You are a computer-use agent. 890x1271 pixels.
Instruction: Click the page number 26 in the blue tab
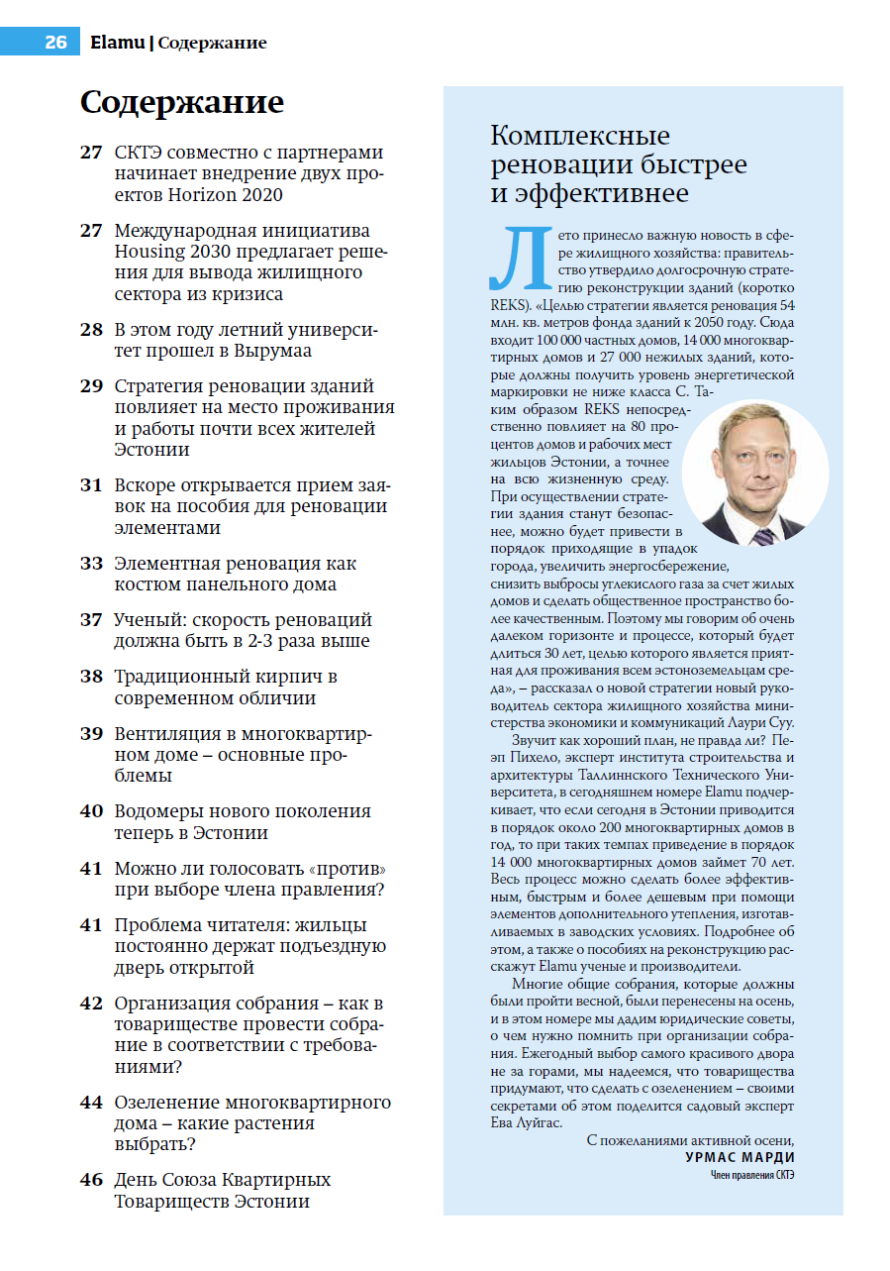[x=55, y=43]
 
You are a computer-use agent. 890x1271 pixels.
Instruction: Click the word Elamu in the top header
[x=117, y=43]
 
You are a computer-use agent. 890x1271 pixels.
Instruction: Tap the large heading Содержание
[x=182, y=102]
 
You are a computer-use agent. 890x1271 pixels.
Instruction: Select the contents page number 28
[x=91, y=330]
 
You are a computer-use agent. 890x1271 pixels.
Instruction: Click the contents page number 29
[x=91, y=386]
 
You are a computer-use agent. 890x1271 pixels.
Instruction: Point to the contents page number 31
[x=91, y=485]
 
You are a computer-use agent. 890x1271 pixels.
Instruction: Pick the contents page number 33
[x=91, y=564]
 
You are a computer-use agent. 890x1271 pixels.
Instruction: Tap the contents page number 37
[x=91, y=620]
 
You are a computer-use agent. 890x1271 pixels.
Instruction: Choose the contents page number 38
[x=91, y=677]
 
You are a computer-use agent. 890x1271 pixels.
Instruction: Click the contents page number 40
[x=91, y=811]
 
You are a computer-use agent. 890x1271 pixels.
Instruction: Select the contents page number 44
[x=91, y=1103]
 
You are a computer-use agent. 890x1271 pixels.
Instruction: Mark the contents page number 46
[x=91, y=1180]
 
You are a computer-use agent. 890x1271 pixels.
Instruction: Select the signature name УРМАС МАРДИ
[x=740, y=1157]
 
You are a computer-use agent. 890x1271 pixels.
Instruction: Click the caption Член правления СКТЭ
[x=752, y=1176]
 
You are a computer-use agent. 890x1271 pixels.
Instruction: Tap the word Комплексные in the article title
[x=581, y=136]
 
